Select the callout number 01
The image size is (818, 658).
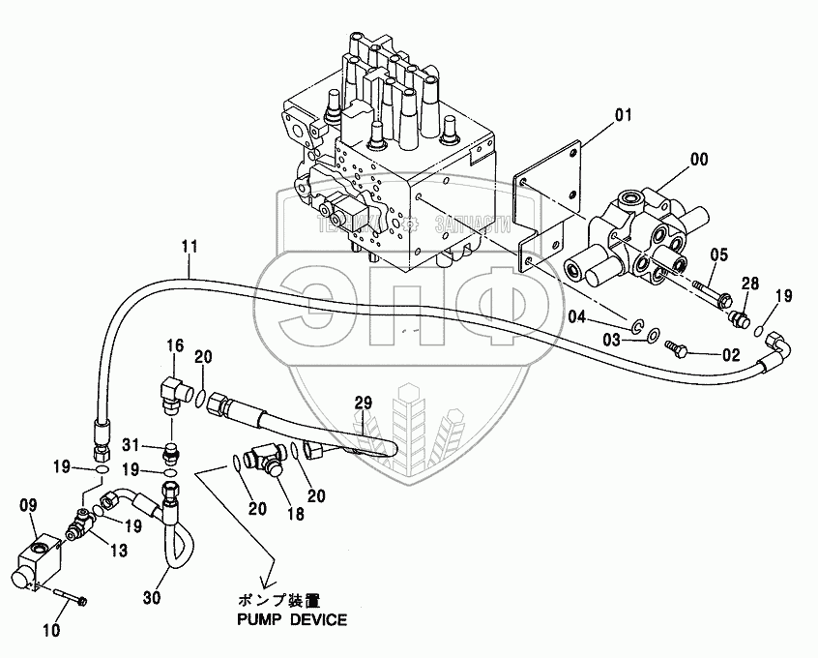[x=622, y=116]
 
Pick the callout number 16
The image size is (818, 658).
[x=174, y=344]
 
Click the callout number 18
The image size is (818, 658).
[x=295, y=514]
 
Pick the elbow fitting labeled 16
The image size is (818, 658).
[x=174, y=388]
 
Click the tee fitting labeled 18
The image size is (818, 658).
[x=267, y=454]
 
